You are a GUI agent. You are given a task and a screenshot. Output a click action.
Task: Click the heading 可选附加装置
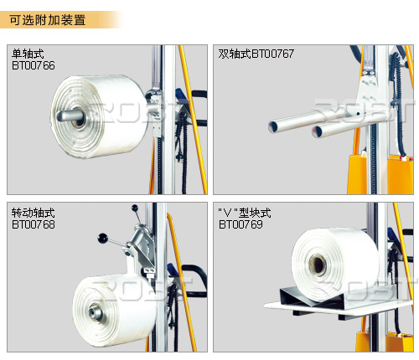pos(48,20)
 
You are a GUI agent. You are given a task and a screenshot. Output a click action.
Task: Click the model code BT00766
pos(34,65)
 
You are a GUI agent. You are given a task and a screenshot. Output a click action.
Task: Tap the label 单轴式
pos(28,54)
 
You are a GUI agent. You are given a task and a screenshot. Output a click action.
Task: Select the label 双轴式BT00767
pos(256,54)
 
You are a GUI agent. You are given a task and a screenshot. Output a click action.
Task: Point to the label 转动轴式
pos(33,213)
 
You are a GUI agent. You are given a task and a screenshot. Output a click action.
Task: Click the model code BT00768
pos(34,224)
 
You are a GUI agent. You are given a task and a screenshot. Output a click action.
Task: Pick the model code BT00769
pos(241,224)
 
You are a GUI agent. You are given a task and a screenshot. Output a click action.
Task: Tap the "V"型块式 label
pos(245,213)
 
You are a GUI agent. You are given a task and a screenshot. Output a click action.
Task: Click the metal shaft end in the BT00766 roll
pos(63,116)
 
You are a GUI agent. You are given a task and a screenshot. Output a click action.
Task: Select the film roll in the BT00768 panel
pos(115,311)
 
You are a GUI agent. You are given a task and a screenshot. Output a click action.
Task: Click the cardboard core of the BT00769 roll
pos(318,265)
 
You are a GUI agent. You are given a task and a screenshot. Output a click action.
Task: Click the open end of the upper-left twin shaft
pos(275,127)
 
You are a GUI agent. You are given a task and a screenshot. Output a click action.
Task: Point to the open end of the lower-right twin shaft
pos(318,131)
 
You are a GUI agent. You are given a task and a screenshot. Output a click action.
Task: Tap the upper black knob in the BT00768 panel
pos(135,208)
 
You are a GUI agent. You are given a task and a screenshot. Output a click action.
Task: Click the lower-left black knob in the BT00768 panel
pos(102,238)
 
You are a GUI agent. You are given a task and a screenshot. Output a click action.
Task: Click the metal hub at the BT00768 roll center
pos(95,311)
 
